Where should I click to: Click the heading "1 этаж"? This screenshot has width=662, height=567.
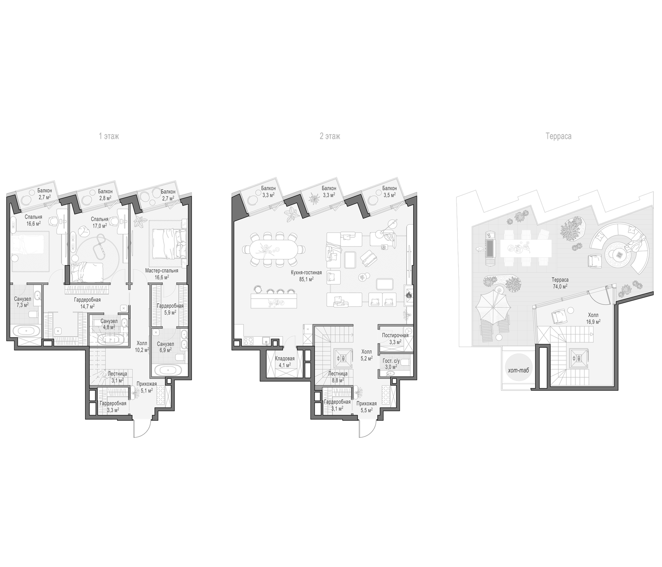[x=109, y=136]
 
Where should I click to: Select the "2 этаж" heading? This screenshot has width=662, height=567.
[x=330, y=136]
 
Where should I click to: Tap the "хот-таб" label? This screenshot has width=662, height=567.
[x=518, y=371]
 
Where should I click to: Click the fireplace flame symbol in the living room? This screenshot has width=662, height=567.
[x=408, y=295]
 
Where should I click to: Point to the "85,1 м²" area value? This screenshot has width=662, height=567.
[x=306, y=279]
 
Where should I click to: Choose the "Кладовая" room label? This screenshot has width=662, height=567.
[x=285, y=358]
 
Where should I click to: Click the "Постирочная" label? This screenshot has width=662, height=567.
[x=395, y=335]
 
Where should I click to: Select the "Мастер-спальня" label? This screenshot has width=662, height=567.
[x=162, y=270]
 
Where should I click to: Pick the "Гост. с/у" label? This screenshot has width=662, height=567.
[x=391, y=361]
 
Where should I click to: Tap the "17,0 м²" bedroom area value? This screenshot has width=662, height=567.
[x=99, y=225]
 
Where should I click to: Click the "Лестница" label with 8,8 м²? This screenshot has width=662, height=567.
[x=338, y=373]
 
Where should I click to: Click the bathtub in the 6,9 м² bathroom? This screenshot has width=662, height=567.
[x=168, y=371]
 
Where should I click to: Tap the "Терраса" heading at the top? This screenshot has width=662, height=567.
[x=559, y=136]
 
